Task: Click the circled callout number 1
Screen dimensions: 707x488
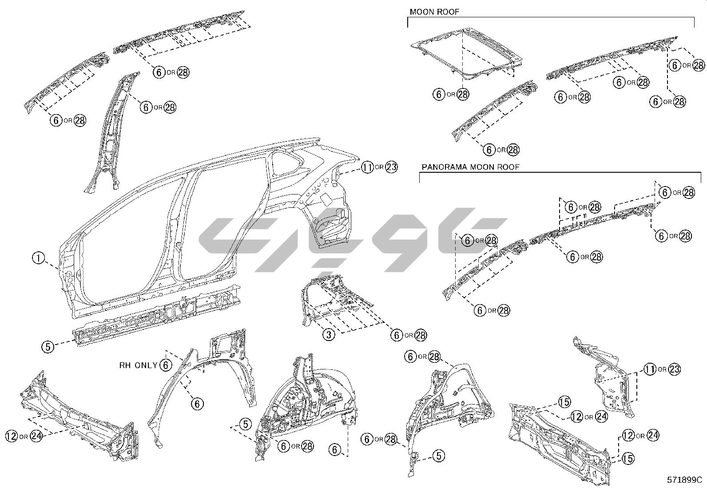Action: tap(39, 258)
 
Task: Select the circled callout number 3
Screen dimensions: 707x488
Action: tap(329, 334)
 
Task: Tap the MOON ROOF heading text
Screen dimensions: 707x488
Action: tap(434, 12)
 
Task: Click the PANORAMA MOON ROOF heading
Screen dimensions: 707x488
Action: tap(470, 167)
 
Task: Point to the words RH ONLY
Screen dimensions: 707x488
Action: tap(138, 365)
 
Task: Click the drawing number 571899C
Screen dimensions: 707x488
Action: tap(684, 480)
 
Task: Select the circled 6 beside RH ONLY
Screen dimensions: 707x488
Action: tap(165, 365)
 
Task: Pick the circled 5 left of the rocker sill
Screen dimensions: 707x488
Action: tap(48, 346)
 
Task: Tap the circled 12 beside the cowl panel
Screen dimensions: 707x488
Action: tap(12, 436)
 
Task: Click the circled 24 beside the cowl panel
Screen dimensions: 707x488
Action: tap(36, 436)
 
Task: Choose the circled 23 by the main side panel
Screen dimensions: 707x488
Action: tap(392, 167)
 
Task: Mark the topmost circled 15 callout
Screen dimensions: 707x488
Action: tap(564, 402)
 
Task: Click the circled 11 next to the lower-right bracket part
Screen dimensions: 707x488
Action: tap(650, 369)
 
